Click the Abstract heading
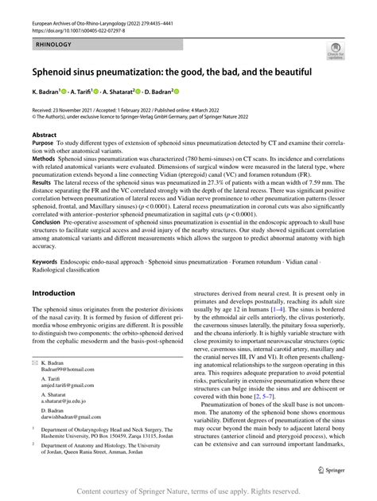click(45, 136)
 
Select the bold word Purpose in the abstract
click(45, 144)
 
